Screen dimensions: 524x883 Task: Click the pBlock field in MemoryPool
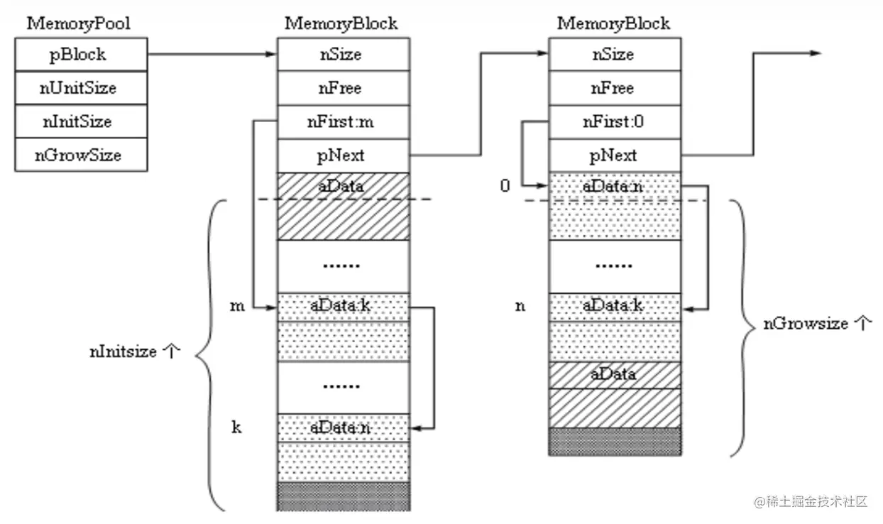coord(81,55)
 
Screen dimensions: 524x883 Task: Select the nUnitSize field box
coord(81,88)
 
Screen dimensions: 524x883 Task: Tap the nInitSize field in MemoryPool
coord(81,121)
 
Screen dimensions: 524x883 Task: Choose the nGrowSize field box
coord(81,155)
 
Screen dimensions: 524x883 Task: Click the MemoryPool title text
coord(78,23)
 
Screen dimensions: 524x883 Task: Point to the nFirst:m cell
coord(343,121)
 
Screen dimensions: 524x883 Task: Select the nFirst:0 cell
coord(615,121)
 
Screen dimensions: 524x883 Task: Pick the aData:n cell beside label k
coord(343,428)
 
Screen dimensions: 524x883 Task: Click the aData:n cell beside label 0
coord(615,186)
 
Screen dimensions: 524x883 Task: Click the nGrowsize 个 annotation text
coord(817,324)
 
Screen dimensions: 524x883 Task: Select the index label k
coord(236,427)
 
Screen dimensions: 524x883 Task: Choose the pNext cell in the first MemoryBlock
coord(343,155)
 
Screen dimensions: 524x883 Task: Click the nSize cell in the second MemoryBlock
coord(615,55)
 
